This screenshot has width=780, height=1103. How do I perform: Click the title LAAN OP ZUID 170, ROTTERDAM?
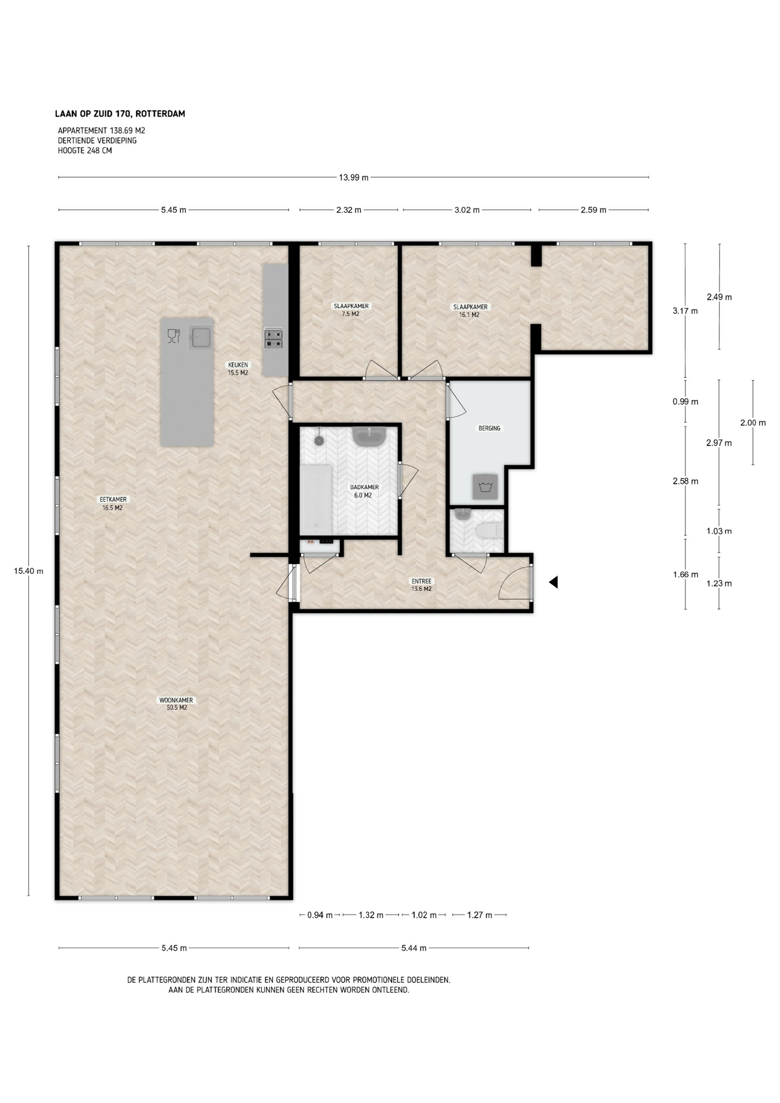click(x=120, y=114)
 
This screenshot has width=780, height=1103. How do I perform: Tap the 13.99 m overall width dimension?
click(x=353, y=178)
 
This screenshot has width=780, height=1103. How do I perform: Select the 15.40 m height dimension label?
click(x=29, y=570)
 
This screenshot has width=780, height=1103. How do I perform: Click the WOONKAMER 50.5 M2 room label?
click(x=176, y=704)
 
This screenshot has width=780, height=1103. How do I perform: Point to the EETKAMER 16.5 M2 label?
click(x=113, y=504)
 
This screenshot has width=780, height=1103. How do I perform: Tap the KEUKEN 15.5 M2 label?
click(x=238, y=369)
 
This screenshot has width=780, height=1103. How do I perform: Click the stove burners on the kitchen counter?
click(x=273, y=338)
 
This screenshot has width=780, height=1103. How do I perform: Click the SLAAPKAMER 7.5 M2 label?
click(x=351, y=310)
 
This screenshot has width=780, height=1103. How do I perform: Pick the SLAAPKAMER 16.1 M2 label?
click(x=470, y=311)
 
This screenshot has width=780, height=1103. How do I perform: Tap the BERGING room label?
click(x=489, y=428)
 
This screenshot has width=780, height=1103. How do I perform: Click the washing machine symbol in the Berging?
click(x=485, y=487)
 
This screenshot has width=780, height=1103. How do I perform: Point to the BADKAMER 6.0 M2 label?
click(x=364, y=491)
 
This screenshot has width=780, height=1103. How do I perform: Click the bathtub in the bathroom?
click(x=316, y=499)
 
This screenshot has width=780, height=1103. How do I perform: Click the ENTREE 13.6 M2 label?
click(x=422, y=585)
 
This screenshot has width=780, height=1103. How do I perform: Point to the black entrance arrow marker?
click(x=554, y=582)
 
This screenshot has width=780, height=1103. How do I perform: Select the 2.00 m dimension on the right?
click(x=753, y=422)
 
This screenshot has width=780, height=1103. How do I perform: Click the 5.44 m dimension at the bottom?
click(x=414, y=948)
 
